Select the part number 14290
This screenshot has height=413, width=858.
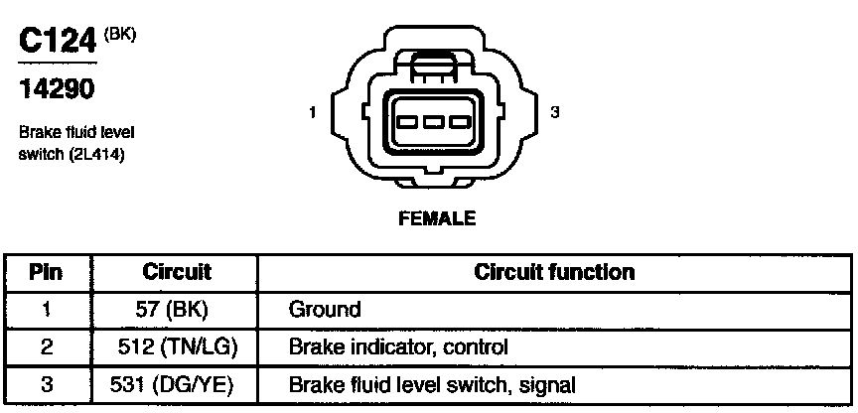click(56, 90)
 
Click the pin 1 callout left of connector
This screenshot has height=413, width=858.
click(313, 113)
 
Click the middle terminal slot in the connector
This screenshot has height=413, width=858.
click(432, 123)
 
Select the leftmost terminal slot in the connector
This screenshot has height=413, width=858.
click(407, 123)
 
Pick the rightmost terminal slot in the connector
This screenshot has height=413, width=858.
click(457, 123)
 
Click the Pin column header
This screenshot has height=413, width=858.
click(47, 272)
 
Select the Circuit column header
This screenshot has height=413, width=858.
click(177, 272)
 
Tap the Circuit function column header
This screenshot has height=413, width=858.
click(554, 272)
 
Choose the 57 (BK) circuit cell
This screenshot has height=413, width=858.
click(170, 310)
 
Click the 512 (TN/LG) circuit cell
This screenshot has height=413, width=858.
click(177, 347)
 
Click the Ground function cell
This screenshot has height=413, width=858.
click(324, 310)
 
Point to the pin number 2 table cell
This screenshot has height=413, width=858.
click(47, 347)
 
